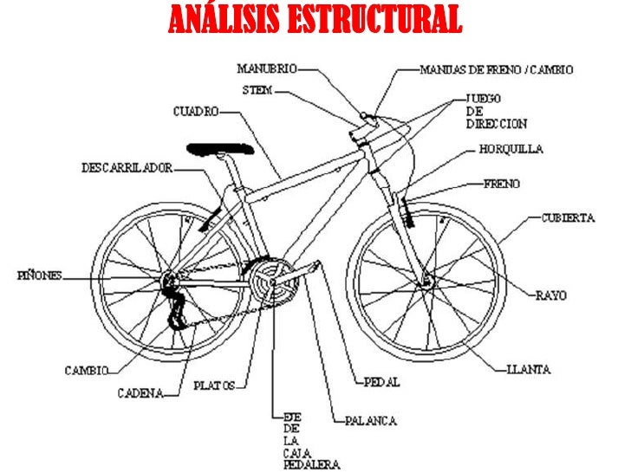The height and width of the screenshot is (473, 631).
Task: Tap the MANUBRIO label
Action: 266,68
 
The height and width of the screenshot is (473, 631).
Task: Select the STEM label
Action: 258,90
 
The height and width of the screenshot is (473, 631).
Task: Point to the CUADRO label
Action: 195,111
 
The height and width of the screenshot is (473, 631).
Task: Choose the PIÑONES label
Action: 40,275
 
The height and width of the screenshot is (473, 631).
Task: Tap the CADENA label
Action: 141,393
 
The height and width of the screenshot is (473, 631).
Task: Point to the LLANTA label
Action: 529,369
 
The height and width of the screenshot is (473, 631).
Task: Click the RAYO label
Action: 550,295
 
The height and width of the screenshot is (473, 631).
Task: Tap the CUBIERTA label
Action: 568,218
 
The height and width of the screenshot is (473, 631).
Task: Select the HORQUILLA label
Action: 511,149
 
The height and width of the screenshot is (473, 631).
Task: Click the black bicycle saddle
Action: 221,148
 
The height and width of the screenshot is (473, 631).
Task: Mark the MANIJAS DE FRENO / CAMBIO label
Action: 496,68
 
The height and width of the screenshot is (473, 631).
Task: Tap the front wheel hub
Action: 426,281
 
